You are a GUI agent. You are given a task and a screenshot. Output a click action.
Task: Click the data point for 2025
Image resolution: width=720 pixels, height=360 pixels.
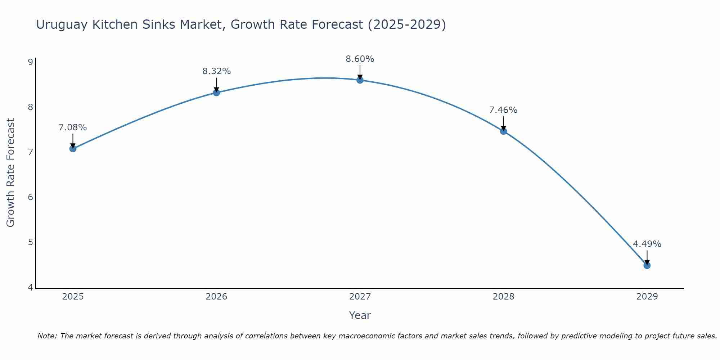[73, 148]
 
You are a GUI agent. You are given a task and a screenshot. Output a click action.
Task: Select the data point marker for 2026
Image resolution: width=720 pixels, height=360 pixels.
[216, 93]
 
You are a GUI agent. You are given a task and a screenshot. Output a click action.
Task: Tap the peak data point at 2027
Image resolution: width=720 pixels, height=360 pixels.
[360, 80]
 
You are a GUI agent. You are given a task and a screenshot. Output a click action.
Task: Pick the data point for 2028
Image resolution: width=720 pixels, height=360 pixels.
[503, 131]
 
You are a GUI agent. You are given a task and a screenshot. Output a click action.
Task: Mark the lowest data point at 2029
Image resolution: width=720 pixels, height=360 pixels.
[647, 265]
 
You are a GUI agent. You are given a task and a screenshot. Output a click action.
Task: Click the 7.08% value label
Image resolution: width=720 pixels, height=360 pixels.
[73, 127]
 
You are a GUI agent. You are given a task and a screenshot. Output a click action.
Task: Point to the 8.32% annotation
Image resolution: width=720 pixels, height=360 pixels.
[216, 71]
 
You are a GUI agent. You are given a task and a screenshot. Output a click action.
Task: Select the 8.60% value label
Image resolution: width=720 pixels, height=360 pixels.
[360, 59]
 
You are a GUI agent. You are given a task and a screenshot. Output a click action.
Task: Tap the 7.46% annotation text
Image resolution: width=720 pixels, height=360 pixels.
[503, 110]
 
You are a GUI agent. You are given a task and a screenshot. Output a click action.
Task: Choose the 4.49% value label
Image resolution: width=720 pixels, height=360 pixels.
[647, 244]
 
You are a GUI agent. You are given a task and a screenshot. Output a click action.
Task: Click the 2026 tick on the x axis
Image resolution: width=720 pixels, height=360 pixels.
[216, 297]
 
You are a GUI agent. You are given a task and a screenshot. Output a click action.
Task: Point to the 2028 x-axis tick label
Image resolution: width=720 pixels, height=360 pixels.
[503, 297]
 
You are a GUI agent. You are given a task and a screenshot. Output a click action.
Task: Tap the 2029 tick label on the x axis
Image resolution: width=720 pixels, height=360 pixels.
[647, 297]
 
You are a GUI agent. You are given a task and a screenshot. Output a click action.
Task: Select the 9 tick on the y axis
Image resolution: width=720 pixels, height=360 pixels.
[30, 62]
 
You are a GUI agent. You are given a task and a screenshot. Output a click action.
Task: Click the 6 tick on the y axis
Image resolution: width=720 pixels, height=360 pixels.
[30, 197]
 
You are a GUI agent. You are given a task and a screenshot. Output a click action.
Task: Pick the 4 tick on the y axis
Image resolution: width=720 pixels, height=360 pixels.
[30, 287]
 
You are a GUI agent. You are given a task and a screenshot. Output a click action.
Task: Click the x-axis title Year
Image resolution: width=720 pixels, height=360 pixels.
[360, 315]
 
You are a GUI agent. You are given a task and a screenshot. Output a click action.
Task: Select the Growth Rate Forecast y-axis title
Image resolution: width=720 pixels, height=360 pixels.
[11, 173]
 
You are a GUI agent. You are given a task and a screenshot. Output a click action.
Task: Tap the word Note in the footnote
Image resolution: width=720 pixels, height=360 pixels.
[46, 336]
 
